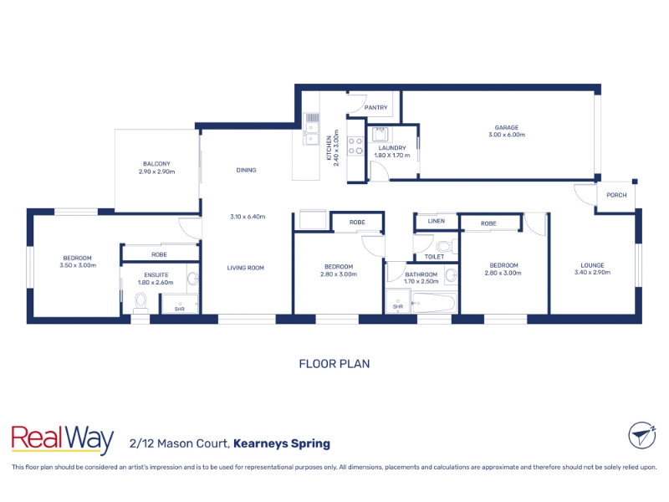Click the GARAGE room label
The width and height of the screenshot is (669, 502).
507,127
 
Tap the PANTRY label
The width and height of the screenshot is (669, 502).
375,108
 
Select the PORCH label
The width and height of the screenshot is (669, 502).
616,195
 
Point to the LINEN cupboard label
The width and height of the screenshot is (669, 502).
436,221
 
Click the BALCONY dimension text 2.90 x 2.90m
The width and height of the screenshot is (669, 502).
156,172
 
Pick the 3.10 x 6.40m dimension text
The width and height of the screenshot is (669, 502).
248,217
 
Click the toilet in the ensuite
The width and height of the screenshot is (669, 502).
140,303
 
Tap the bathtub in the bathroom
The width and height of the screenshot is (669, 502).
433,303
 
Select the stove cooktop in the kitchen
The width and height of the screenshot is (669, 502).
355,146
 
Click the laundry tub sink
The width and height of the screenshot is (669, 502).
380,135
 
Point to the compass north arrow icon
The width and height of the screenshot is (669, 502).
642,435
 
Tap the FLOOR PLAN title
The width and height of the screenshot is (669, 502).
334,364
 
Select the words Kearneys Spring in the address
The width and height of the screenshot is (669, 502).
282,444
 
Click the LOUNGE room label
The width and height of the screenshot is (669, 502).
592,265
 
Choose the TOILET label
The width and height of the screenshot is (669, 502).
434,257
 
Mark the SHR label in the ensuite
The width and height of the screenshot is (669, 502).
180,309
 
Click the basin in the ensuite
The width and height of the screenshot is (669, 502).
193,279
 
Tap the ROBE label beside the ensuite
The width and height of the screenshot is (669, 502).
159,255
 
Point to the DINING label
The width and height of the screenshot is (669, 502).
246,170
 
